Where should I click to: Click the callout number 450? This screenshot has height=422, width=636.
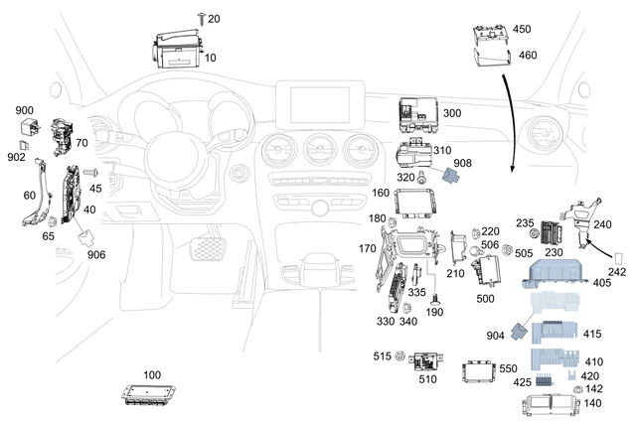click(x=521, y=29)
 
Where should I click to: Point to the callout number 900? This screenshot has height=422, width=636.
click(x=24, y=109)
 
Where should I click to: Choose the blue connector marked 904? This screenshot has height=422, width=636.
click(x=520, y=332)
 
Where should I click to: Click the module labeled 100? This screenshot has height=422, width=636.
click(x=151, y=392)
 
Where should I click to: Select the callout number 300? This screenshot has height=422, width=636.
click(x=451, y=114)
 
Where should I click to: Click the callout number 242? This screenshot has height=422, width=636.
click(x=616, y=269)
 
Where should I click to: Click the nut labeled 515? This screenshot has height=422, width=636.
click(x=400, y=355)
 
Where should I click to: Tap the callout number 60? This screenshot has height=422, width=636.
click(x=30, y=196)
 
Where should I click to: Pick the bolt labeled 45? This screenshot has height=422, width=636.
click(x=82, y=185)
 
